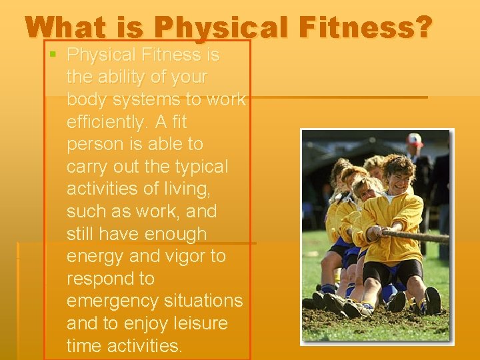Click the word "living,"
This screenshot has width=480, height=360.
pyautogui.click(x=184, y=189)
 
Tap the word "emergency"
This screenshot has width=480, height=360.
pyautogui.click(x=111, y=301)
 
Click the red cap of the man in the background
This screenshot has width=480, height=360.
pyautogui.click(x=415, y=140)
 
